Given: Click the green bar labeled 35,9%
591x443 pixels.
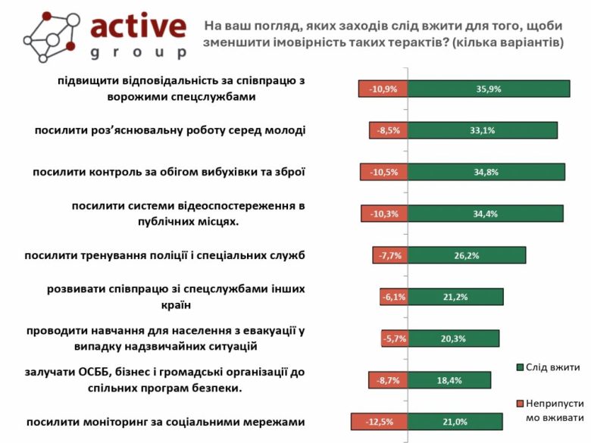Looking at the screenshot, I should [x=489, y=89].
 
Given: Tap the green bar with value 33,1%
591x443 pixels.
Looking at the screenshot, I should [x=482, y=130].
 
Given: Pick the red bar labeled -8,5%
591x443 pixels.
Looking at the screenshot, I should [x=389, y=130].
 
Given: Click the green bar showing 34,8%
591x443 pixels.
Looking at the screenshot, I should [x=486, y=172].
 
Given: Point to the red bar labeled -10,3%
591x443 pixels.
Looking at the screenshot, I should [x=385, y=214].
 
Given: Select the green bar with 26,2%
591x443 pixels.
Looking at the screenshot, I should [x=466, y=255].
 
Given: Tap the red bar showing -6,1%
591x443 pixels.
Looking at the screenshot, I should [x=394, y=297].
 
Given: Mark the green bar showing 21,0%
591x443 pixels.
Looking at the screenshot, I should [x=455, y=422].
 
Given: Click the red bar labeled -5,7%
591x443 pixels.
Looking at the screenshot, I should [x=395, y=338].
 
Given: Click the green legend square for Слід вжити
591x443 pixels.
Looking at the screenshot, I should [x=519, y=368].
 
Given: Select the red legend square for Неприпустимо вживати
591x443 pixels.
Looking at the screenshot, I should [x=519, y=403].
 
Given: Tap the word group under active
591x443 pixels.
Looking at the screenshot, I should [x=138, y=53].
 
